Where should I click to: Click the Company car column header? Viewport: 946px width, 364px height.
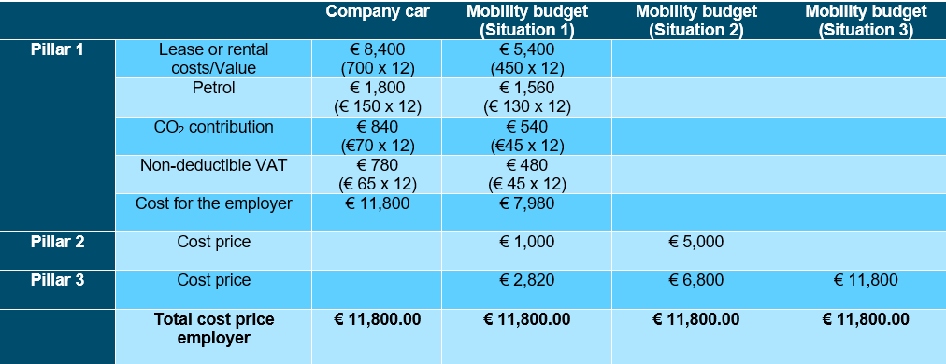tap(377, 12)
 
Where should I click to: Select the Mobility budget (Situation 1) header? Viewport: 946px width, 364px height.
tap(526, 21)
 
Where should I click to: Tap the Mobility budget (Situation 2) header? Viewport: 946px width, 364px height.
tap(695, 21)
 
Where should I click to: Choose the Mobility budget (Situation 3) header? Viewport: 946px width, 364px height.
tap(865, 21)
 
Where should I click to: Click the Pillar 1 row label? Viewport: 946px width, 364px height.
tap(57, 49)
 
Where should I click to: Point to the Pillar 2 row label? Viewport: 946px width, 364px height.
tap(57, 242)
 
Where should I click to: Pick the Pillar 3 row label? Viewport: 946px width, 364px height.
tap(57, 279)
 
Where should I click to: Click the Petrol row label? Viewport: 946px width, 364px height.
tap(213, 89)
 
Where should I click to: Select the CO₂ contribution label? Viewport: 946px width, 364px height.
tap(213, 127)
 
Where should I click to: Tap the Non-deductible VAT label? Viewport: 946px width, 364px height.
tap(213, 165)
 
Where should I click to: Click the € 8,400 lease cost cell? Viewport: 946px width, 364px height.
tap(377, 58)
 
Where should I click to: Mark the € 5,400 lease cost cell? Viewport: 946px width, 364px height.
tap(526, 58)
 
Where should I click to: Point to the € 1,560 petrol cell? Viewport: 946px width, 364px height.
tap(526, 97)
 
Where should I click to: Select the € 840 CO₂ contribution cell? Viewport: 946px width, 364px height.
tap(377, 135)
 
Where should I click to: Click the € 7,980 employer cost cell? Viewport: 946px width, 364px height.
tap(526, 203)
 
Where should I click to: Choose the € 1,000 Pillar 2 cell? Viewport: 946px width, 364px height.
tap(526, 242)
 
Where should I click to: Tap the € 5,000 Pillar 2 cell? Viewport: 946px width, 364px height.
tap(695, 242)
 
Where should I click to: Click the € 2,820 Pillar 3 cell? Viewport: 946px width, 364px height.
tap(526, 280)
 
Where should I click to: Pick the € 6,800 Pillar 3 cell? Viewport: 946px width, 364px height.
tap(695, 280)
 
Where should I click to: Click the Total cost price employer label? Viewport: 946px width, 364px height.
tap(213, 329)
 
